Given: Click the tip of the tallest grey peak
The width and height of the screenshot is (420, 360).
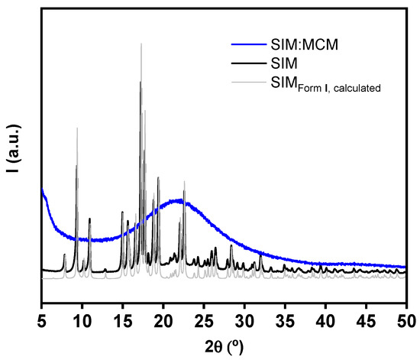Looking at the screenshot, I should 141,44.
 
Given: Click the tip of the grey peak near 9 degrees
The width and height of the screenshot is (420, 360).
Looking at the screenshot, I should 77,128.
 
